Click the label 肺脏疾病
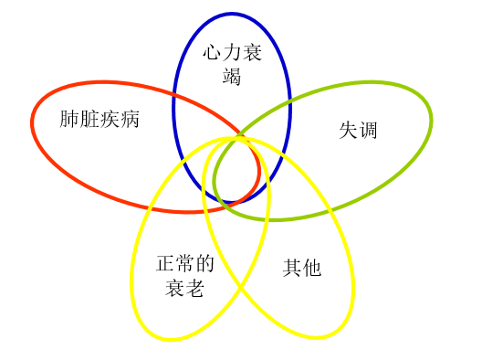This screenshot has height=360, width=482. coord(100,120)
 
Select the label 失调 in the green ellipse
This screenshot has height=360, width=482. coord(358,131)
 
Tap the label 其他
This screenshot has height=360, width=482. coord(302,268)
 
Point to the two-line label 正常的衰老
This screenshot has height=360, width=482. coord(185,277)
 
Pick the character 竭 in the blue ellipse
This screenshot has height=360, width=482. coord(232,77)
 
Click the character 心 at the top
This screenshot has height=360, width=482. coord(212,54)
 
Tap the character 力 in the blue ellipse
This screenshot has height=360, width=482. coord(232,54)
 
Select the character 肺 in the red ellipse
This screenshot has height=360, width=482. coord(69,120)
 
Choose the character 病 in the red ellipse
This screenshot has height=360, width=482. coord(130,120)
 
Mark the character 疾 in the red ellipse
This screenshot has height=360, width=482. coord(110,120)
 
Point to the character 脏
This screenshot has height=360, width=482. coord(89,120)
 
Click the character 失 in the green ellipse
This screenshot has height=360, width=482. coord(348,131)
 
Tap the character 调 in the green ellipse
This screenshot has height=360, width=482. coord(368,131)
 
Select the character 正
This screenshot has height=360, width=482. coord(165,265)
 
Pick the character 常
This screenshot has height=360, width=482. coord(185,265)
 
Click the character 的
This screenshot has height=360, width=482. coord(205,265)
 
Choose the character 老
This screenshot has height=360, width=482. coord(195,289)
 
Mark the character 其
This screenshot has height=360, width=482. coord(292,268)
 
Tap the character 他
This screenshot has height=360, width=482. coord(312,268)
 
